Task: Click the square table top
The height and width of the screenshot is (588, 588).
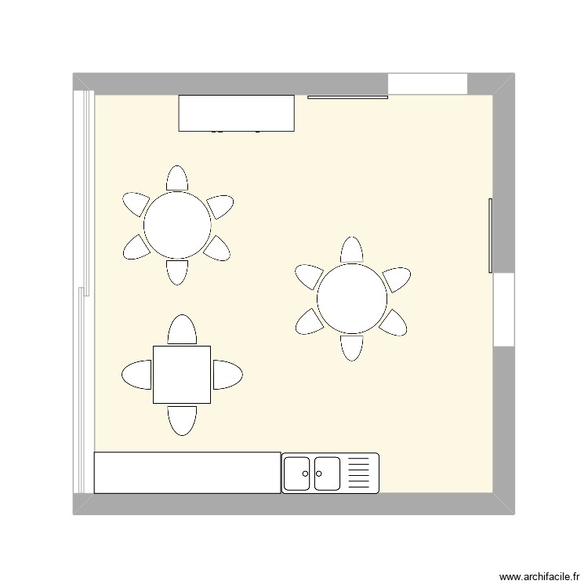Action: point(182,375)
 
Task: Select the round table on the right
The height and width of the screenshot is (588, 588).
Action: point(352,298)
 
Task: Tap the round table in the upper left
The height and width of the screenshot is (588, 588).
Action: point(177,225)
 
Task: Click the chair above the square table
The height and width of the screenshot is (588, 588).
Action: point(183,330)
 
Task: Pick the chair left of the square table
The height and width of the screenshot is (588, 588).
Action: point(137,375)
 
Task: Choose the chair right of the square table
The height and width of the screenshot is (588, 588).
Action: point(227,375)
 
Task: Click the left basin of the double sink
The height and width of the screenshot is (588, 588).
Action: point(298,473)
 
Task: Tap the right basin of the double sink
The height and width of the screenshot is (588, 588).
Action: point(327,473)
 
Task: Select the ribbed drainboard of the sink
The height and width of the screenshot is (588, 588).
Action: point(358,473)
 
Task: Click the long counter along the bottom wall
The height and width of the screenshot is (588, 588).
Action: point(187,473)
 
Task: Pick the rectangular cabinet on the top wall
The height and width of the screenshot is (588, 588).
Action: point(236,113)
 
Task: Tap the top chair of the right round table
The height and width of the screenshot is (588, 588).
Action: point(352,250)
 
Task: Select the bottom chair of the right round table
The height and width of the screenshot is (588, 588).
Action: point(352,347)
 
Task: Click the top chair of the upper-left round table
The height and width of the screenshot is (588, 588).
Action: point(177,179)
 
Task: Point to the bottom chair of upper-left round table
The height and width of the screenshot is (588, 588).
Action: point(177,271)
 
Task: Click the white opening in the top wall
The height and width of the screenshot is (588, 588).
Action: point(427,84)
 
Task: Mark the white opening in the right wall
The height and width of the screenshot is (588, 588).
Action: point(503,310)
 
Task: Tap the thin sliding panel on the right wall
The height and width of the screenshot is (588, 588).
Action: point(491,236)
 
